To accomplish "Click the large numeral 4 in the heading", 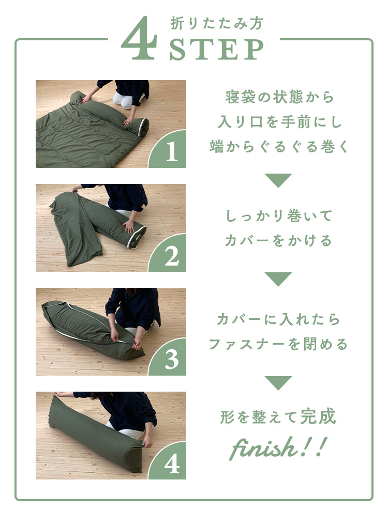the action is click(x=139, y=39).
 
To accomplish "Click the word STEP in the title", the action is click(x=217, y=49).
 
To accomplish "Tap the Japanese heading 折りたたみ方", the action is click(x=217, y=23).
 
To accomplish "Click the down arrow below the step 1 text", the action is click(x=278, y=180).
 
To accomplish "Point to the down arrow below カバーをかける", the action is click(x=278, y=278).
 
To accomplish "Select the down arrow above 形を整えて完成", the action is click(x=278, y=382).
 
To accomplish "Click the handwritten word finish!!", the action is click(x=278, y=447).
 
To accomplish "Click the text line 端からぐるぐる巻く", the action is click(x=279, y=146).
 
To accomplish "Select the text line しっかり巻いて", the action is click(x=279, y=216).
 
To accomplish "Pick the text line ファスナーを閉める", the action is click(x=278, y=344).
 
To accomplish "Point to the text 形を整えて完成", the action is click(x=278, y=416).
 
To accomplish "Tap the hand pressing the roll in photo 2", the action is click(x=128, y=226).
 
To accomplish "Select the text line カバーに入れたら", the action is click(x=278, y=320).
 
